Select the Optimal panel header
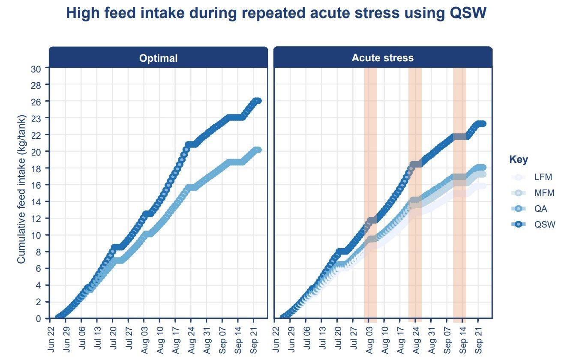coord(158,58)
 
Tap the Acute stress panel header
coord(383,58)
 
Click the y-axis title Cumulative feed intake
coord(21,189)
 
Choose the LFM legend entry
coord(543,177)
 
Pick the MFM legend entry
coord(544,193)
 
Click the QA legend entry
coord(540,209)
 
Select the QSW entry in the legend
coord(544,225)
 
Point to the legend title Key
coord(519,160)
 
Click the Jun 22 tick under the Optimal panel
coord(51,339)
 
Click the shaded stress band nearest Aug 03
coord(371,193)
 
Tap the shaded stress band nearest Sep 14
coord(459,193)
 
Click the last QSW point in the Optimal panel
coord(258,101)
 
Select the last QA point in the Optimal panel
coord(258,150)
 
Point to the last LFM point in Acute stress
coord(483,186)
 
